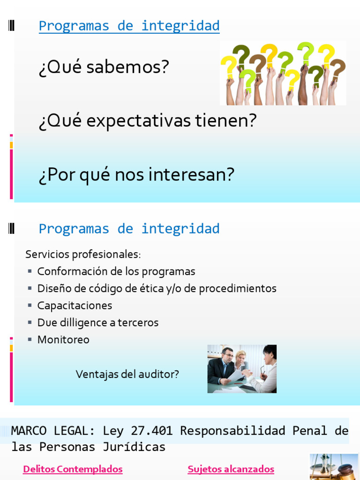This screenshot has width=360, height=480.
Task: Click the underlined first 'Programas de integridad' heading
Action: [x=129, y=26]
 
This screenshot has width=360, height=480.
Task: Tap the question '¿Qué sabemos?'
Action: [x=104, y=67]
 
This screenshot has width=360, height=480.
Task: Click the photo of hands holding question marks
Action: [x=283, y=73]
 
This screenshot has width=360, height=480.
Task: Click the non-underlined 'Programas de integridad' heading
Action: [x=129, y=229]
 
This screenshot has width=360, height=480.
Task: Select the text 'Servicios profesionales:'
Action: [x=83, y=255]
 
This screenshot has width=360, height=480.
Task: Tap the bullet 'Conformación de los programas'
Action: [x=116, y=271]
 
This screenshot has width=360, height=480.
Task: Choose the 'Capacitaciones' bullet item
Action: [x=75, y=306]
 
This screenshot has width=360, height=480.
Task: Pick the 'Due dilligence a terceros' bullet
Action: [x=98, y=322]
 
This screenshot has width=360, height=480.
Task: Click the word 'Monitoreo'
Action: [x=63, y=339]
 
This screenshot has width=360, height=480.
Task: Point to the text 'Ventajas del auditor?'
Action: [x=127, y=374]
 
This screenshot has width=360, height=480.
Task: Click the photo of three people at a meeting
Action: [x=242, y=369]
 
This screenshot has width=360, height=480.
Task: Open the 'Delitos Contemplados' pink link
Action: [x=73, y=469]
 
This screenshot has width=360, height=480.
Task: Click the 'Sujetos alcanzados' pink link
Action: [x=231, y=469]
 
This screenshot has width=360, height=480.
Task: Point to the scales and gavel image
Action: [x=333, y=467]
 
